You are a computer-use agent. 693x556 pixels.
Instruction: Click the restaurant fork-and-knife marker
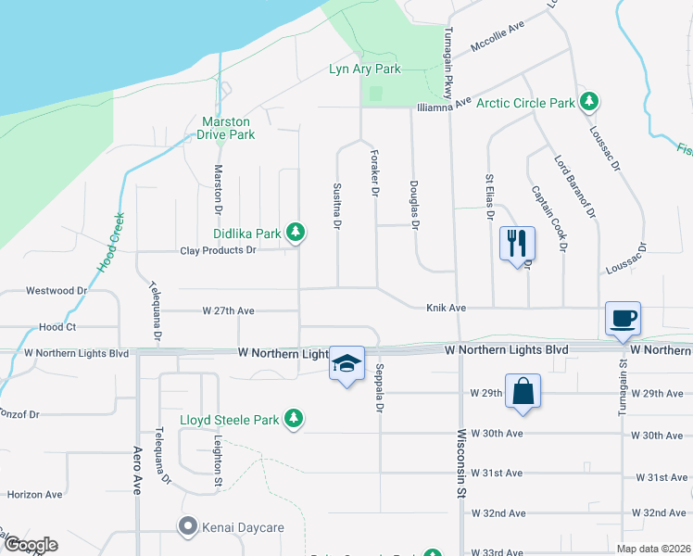[517, 244]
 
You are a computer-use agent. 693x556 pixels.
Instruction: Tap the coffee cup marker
[623, 318]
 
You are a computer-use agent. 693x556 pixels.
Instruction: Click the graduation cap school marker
[346, 364]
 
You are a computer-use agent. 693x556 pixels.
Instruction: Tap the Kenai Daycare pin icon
[188, 527]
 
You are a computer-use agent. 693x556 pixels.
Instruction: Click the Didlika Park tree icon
[295, 232]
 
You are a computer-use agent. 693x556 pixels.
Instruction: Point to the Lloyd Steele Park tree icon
[294, 419]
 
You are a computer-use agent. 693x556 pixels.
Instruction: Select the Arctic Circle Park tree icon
[588, 101]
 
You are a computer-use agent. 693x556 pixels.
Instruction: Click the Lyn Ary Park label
[365, 69]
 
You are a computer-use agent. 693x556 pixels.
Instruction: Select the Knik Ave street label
[445, 307]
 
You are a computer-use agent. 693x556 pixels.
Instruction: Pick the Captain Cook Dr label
[548, 218]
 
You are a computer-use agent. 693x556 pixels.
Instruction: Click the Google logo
[30, 545]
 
